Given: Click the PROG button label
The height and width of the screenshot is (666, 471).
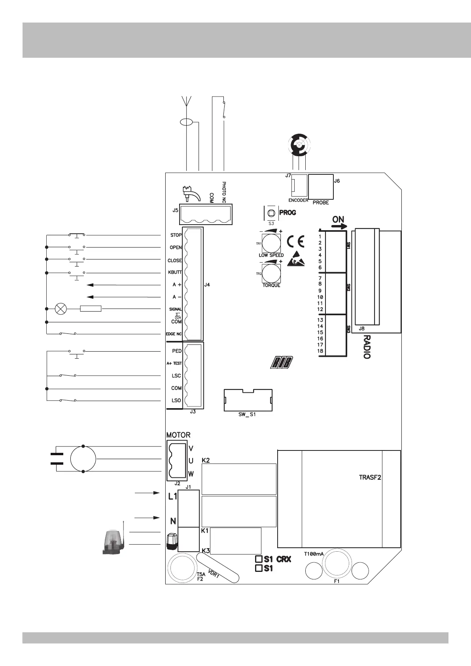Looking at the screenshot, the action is coord(288,213).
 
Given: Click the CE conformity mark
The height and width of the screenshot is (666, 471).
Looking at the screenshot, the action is coord(295,241).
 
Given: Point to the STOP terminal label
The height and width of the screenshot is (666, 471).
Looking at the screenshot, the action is coord(176,235).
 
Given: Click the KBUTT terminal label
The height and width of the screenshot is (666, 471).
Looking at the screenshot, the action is coord(175,273).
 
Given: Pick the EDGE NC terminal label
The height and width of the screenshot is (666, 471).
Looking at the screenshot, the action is coord(174,334).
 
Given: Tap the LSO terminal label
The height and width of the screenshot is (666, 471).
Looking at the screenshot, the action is coord(176,401).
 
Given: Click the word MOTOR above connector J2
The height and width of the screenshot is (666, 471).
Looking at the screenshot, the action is coord(178,435).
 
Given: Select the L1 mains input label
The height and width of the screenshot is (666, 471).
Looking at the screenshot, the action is coord(173,496).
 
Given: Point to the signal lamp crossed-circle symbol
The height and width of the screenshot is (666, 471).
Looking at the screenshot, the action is coord(61,308).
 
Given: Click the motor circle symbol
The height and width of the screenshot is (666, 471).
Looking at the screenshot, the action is coord(83,459).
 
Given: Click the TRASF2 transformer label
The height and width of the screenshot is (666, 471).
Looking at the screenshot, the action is coord(370,477).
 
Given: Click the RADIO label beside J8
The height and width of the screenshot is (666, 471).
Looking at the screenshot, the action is coord(367,347).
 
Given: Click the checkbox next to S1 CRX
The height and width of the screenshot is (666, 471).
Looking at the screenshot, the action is coord(259,559).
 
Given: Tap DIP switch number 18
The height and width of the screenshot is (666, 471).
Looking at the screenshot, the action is coord(320,351).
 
